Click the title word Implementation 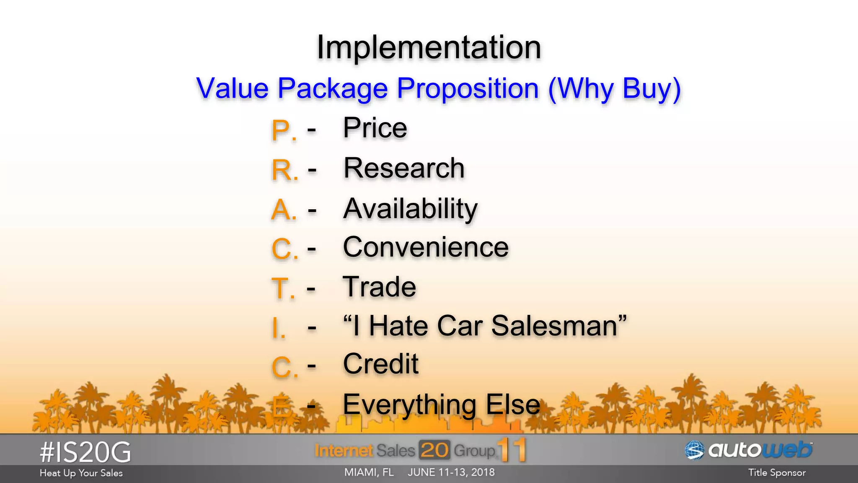click(429, 47)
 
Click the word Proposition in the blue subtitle click(468, 88)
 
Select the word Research click(404, 168)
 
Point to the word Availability click(410, 209)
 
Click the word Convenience click(426, 247)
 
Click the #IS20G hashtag click(85, 453)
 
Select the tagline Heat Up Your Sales click(81, 473)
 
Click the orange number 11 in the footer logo click(512, 450)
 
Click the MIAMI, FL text click(369, 473)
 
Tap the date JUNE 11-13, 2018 click(451, 473)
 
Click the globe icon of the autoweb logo click(694, 451)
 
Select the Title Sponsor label click(777, 473)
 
